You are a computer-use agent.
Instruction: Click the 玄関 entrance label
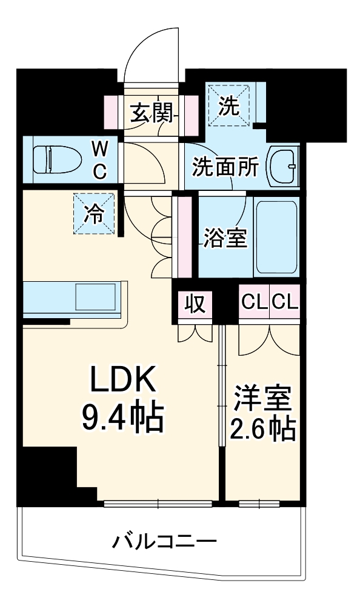tap(151, 113)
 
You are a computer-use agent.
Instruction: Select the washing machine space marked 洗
tap(228, 105)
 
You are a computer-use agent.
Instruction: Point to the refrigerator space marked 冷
tap(94, 213)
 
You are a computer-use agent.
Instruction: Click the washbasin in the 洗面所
tap(283, 165)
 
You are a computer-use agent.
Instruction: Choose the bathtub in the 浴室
tap(276, 238)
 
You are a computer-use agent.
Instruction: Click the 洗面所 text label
tap(225, 167)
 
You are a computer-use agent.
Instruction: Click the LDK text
tap(124, 381)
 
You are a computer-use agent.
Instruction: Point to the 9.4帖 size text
tap(124, 416)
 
